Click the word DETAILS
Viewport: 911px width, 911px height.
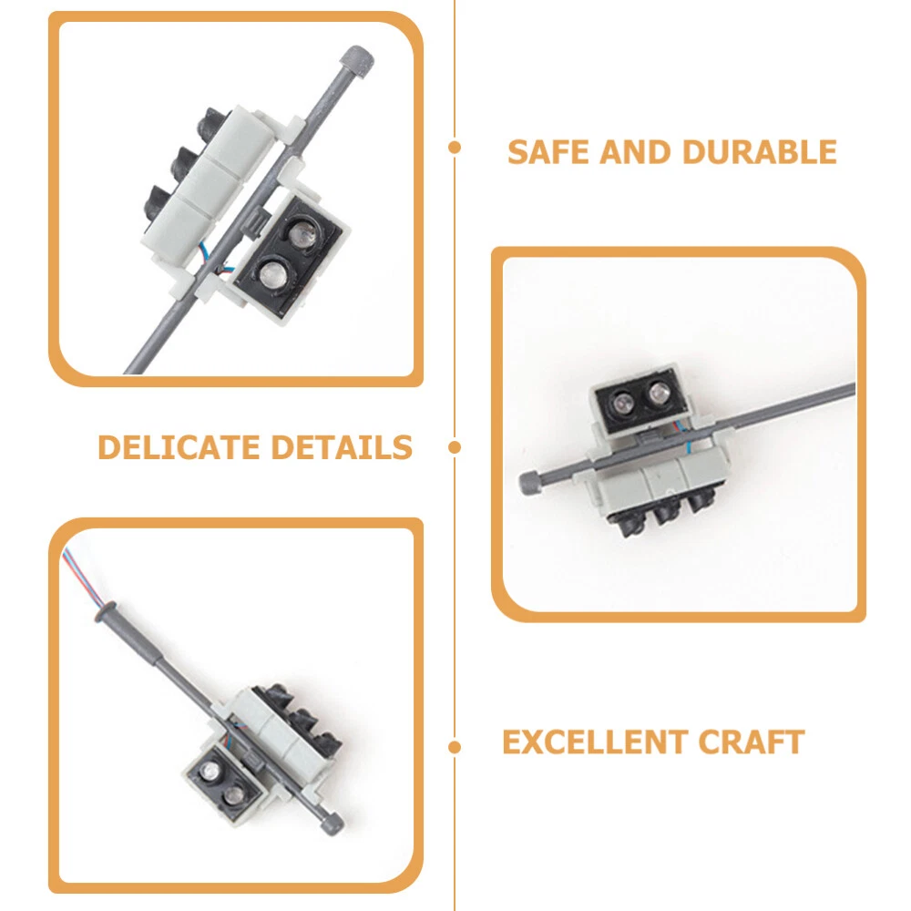click(342, 447)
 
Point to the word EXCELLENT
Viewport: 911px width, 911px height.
click(595, 742)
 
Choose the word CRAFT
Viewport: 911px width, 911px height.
click(752, 742)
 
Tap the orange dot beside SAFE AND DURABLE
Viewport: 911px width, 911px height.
click(455, 148)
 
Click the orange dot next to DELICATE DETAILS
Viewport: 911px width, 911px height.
click(455, 447)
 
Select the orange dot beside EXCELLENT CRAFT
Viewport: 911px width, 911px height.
click(455, 747)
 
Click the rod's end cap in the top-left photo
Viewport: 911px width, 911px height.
click(357, 62)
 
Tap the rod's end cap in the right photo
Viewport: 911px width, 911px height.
click(530, 483)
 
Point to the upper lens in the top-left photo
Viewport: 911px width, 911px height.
click(302, 232)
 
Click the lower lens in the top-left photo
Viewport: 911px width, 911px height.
click(271, 273)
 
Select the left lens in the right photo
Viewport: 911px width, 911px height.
click(623, 402)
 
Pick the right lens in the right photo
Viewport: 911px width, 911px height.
click(659, 394)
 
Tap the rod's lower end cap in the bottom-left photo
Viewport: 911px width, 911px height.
click(332, 824)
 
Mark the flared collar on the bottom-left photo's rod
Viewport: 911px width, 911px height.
click(107, 613)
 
